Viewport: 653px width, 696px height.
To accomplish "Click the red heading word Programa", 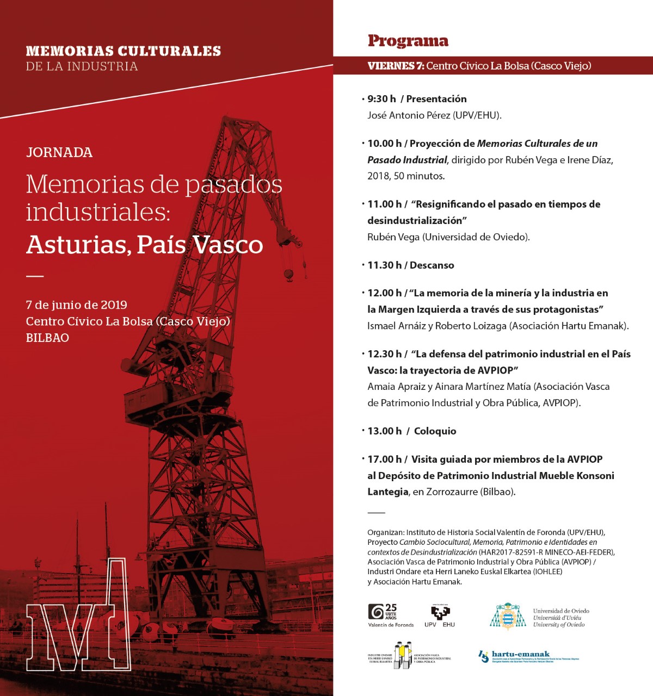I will point(408,41).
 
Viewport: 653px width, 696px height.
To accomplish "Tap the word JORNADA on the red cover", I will point(59,152).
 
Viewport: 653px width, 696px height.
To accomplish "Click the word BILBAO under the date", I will point(47,338).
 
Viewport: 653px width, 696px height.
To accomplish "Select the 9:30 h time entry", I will point(381,99).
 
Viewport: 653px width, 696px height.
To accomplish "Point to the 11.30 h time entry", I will point(384,265).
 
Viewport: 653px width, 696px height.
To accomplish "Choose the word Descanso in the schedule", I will point(432,265).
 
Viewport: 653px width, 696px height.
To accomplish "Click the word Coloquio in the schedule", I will point(435,431).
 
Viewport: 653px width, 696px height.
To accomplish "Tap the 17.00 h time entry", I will point(384,459).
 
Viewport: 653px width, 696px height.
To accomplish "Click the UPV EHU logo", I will point(440,616).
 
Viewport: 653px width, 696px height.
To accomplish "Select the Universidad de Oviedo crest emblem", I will point(507,617).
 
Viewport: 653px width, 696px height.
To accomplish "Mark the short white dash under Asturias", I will point(35,276).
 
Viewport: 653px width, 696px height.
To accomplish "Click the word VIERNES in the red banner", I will point(392,66).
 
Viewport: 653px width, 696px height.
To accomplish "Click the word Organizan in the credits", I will point(385,532).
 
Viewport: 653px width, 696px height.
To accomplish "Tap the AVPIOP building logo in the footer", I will point(403,655).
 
